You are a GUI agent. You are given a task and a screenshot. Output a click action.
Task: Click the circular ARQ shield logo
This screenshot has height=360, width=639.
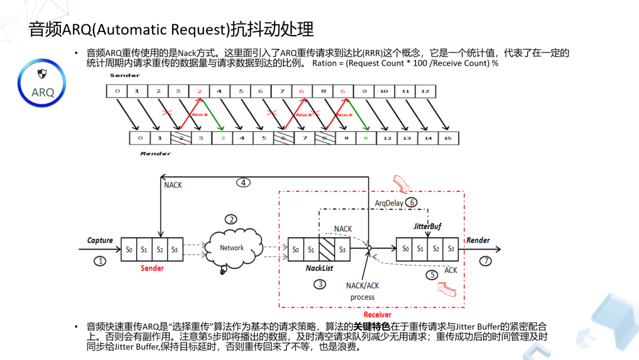click(x=42, y=83)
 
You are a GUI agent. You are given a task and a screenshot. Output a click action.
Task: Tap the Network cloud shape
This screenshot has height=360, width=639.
click(x=231, y=247)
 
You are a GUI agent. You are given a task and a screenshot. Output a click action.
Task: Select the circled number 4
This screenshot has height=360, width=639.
click(x=244, y=182)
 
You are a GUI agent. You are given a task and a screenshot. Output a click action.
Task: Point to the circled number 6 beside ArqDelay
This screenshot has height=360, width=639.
click(x=411, y=202)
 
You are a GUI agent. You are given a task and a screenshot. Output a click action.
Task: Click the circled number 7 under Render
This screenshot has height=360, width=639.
click(x=485, y=261)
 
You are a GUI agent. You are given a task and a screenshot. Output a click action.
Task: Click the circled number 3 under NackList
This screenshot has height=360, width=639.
click(x=320, y=284)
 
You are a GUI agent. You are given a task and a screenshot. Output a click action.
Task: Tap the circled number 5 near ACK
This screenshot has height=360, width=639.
click(x=433, y=275)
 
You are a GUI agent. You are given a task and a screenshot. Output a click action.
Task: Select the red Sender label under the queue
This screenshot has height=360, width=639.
click(x=152, y=268)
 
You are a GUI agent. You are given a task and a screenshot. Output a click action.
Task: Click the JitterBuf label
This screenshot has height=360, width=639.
click(x=427, y=226)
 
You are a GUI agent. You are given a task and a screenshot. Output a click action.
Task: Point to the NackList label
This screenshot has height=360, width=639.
click(x=319, y=268)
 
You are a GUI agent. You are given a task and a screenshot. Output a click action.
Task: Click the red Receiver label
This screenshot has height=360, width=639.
click(x=377, y=314)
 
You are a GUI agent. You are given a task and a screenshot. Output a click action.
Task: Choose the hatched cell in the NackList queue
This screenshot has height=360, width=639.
click(x=327, y=249)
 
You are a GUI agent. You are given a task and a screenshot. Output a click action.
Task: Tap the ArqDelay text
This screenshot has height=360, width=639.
click(x=389, y=203)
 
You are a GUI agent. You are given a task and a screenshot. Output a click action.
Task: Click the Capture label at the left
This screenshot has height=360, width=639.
click(x=100, y=240)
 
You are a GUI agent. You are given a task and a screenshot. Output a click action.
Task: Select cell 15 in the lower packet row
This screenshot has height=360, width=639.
click(x=447, y=138)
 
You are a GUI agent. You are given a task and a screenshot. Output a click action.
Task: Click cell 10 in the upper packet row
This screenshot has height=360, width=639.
click(x=384, y=91)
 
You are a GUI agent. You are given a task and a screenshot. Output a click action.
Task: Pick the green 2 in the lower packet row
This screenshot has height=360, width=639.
click(x=223, y=138)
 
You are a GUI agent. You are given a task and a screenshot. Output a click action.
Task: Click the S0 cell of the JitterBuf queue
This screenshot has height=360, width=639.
click(x=405, y=249)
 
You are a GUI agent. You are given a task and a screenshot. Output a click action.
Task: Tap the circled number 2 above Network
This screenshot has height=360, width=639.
click(x=231, y=219)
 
